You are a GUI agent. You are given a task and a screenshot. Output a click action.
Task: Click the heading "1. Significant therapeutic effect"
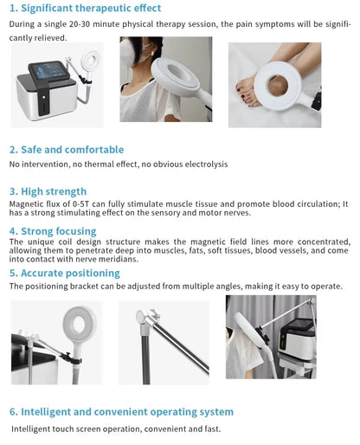click(x=85, y=9)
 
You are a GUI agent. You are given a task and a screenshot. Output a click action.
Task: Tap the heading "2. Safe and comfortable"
click(x=66, y=150)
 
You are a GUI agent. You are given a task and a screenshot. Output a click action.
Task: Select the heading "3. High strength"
click(x=48, y=191)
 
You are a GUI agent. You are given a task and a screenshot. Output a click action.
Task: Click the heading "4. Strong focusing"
click(x=52, y=231)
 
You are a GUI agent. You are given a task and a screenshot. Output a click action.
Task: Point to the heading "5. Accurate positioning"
click(x=64, y=273)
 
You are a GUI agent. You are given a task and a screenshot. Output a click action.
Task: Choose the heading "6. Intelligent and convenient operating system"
click(x=121, y=412)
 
